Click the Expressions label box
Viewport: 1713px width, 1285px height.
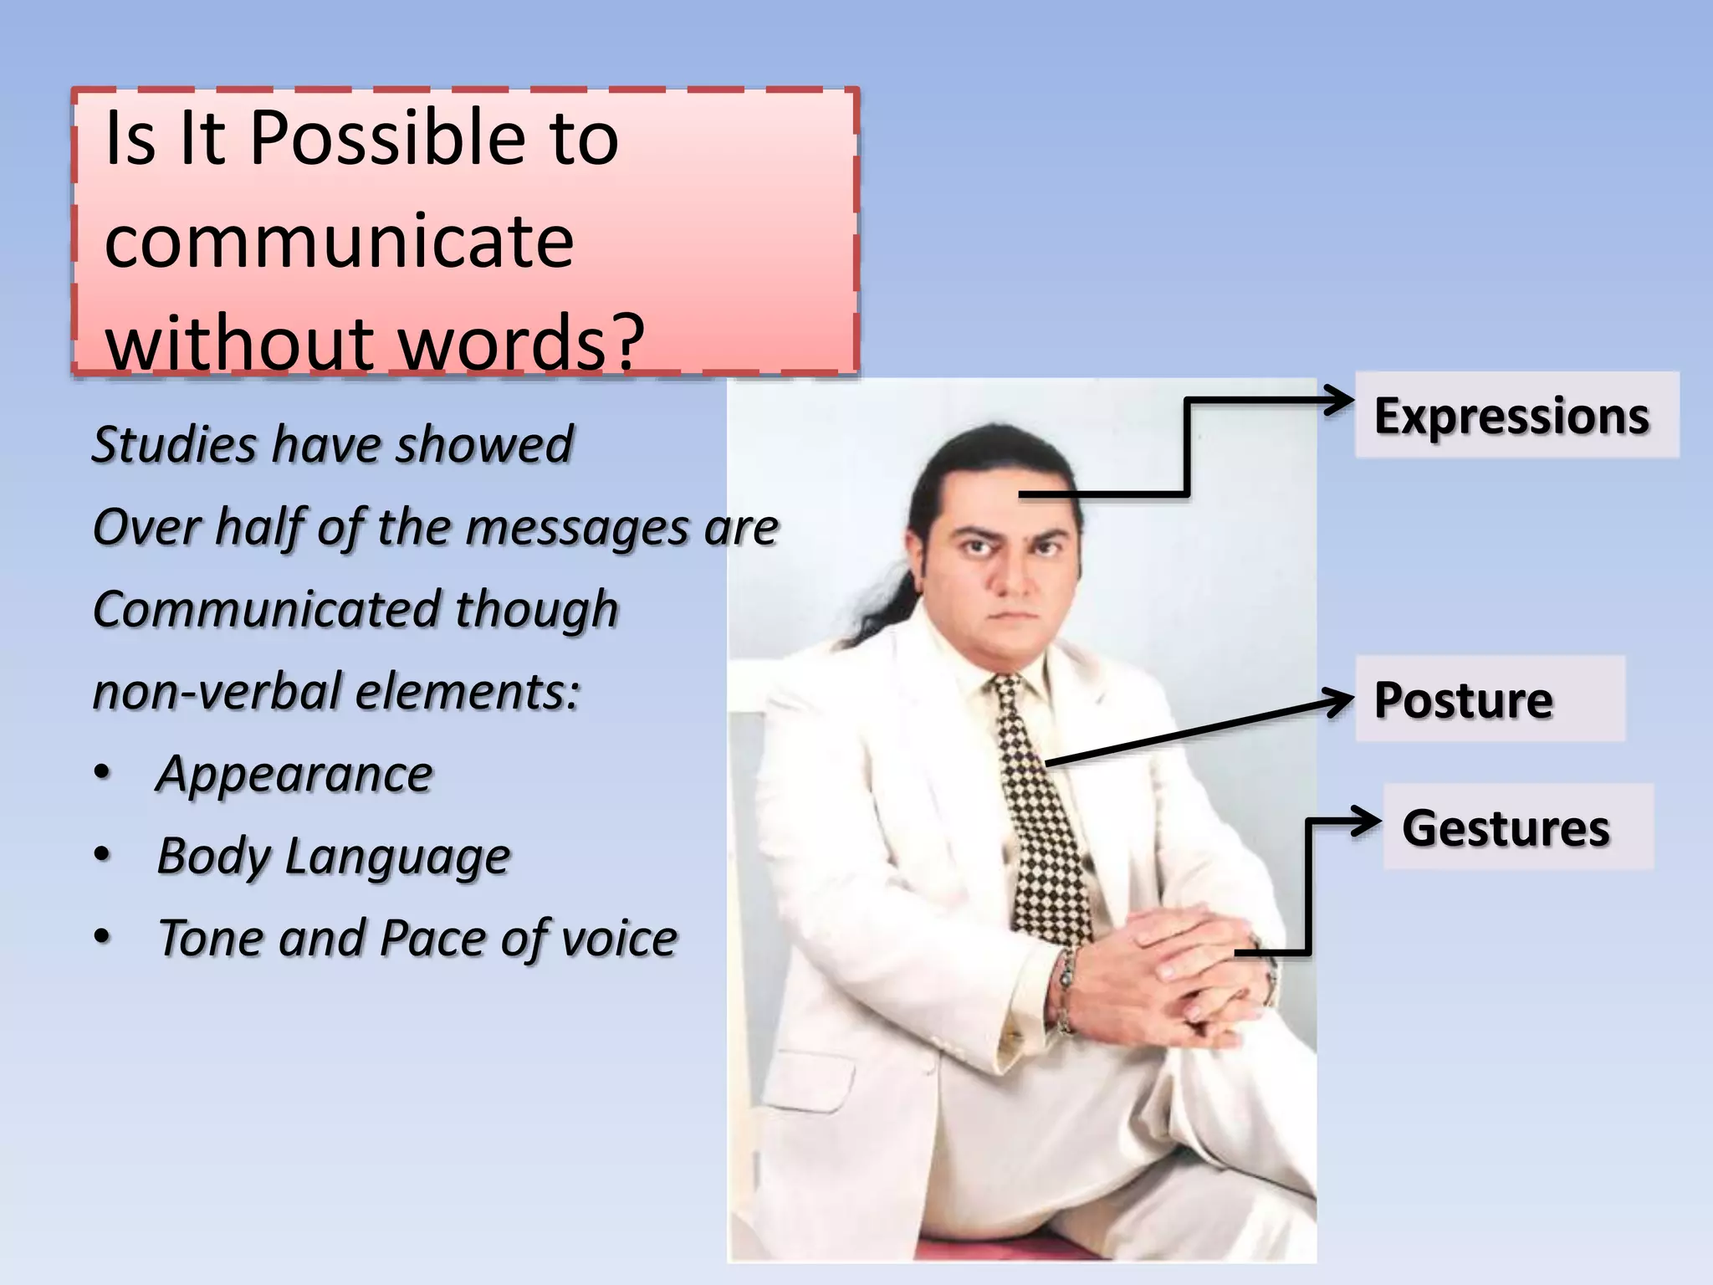coord(1516,416)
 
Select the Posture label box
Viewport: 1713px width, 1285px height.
coord(1489,699)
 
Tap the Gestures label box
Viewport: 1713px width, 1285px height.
coord(1517,827)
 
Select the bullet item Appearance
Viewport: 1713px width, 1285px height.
coord(294,773)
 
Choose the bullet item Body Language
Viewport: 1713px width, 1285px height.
coord(333,856)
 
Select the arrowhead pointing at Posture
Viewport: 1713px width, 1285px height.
coord(1338,700)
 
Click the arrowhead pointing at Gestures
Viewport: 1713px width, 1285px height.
coord(1368,821)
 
